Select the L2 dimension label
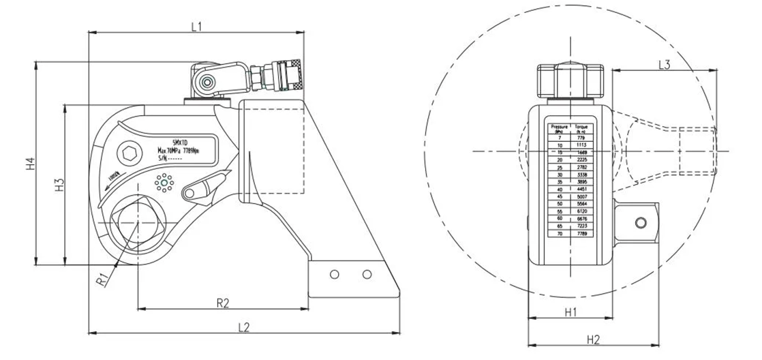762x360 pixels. pos(243,327)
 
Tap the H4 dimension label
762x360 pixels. pos(29,164)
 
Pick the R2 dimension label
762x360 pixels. pos(222,302)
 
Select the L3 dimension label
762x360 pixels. pos(665,64)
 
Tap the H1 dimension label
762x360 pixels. pos(571,312)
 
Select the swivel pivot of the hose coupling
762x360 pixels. pos(204,83)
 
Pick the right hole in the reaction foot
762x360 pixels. pos(367,275)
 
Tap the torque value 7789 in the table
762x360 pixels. pos(582,233)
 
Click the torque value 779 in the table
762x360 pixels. pos(582,138)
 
